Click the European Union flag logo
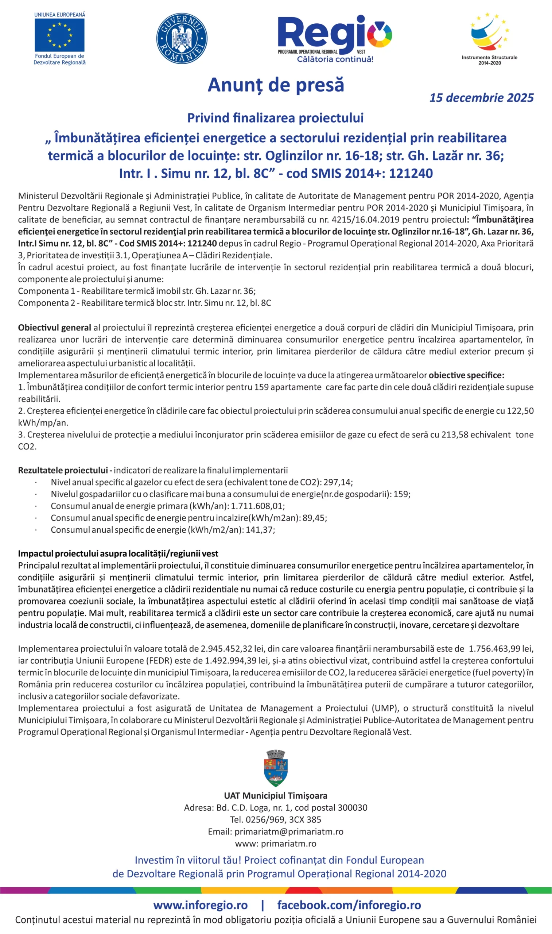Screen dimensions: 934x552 59,35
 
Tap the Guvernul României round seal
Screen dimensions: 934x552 182,38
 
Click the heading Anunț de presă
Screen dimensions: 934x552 276,85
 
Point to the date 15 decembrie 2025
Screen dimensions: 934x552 481,97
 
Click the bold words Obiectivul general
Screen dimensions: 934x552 54,328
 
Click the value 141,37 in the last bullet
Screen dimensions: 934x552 260,530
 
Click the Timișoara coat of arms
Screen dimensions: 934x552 276,768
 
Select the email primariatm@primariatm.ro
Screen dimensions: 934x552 289,832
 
